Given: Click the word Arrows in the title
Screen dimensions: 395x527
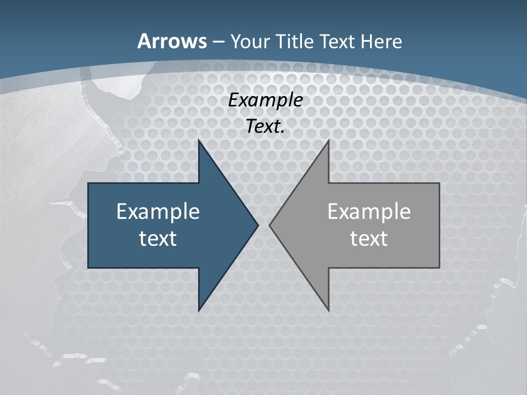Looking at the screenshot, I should pyautogui.click(x=172, y=41).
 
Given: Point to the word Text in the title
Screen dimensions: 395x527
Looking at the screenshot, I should pyautogui.click(x=337, y=41).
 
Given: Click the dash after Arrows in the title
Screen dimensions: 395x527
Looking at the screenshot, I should pyautogui.click(x=218, y=42).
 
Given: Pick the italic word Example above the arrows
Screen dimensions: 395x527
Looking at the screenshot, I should pyautogui.click(x=265, y=100).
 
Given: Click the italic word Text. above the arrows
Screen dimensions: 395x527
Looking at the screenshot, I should pyautogui.click(x=265, y=126).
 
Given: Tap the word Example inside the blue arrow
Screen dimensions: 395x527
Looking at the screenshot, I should pyautogui.click(x=158, y=212).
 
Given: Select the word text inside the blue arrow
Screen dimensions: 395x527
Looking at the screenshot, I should pyautogui.click(x=158, y=238).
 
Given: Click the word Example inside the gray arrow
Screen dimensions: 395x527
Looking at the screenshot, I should pyautogui.click(x=369, y=212).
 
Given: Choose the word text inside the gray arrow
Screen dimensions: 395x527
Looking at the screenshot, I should pyautogui.click(x=369, y=238).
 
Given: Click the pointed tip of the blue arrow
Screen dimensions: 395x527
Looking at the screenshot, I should pyautogui.click(x=257, y=225).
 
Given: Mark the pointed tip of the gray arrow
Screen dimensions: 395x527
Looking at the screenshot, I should pyautogui.click(x=270, y=225).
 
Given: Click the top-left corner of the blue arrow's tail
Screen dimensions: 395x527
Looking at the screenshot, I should pyautogui.click(x=89, y=184).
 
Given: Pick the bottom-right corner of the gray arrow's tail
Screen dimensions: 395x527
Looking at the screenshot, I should pyautogui.click(x=439, y=267).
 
